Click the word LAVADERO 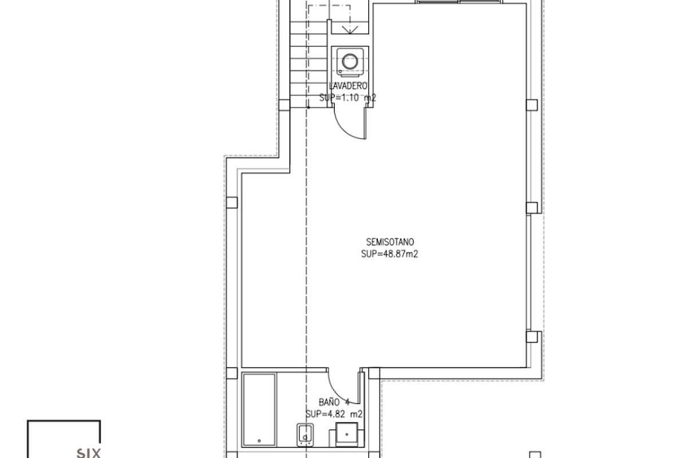coord(348,86)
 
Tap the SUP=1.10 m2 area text coord(348,98)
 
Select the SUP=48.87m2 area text coord(389,254)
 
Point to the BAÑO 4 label coord(334,402)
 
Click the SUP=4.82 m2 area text coord(334,414)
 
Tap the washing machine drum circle coord(350,61)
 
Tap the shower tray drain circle coord(259,441)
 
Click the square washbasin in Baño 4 coord(346,435)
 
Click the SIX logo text coord(88,453)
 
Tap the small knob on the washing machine coord(340,72)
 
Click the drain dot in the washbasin coord(347,435)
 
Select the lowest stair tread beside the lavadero coord(308,101)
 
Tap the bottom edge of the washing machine coord(350,76)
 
